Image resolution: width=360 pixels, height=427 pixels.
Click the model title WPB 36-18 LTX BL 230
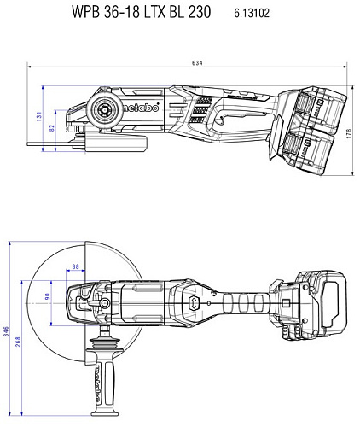[142, 12]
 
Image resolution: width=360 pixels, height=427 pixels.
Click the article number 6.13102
[252, 13]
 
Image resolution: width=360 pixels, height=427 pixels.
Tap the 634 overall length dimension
[197, 63]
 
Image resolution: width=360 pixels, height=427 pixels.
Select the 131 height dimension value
[39, 116]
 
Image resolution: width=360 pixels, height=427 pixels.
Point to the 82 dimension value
[52, 128]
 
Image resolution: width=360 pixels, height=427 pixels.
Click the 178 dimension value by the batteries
[349, 133]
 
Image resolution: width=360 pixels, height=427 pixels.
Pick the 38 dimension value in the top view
[75, 266]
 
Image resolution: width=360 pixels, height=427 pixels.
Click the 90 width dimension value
[48, 296]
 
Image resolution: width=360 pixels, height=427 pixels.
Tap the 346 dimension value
[6, 331]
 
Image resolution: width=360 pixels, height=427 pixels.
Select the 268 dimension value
[18, 342]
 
